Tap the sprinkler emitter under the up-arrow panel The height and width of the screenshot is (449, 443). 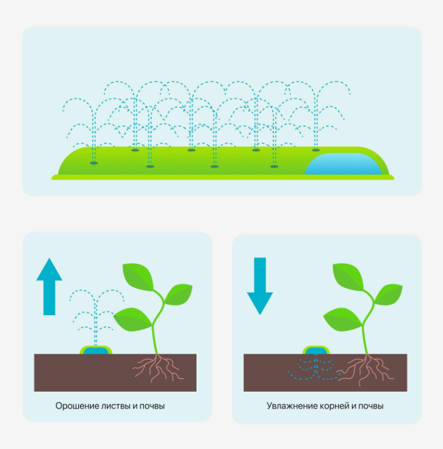(x=97, y=351)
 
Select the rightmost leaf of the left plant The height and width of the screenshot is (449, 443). (x=179, y=294)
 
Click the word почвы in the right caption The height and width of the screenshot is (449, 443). (x=371, y=406)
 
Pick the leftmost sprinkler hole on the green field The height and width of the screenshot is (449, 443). (x=93, y=163)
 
